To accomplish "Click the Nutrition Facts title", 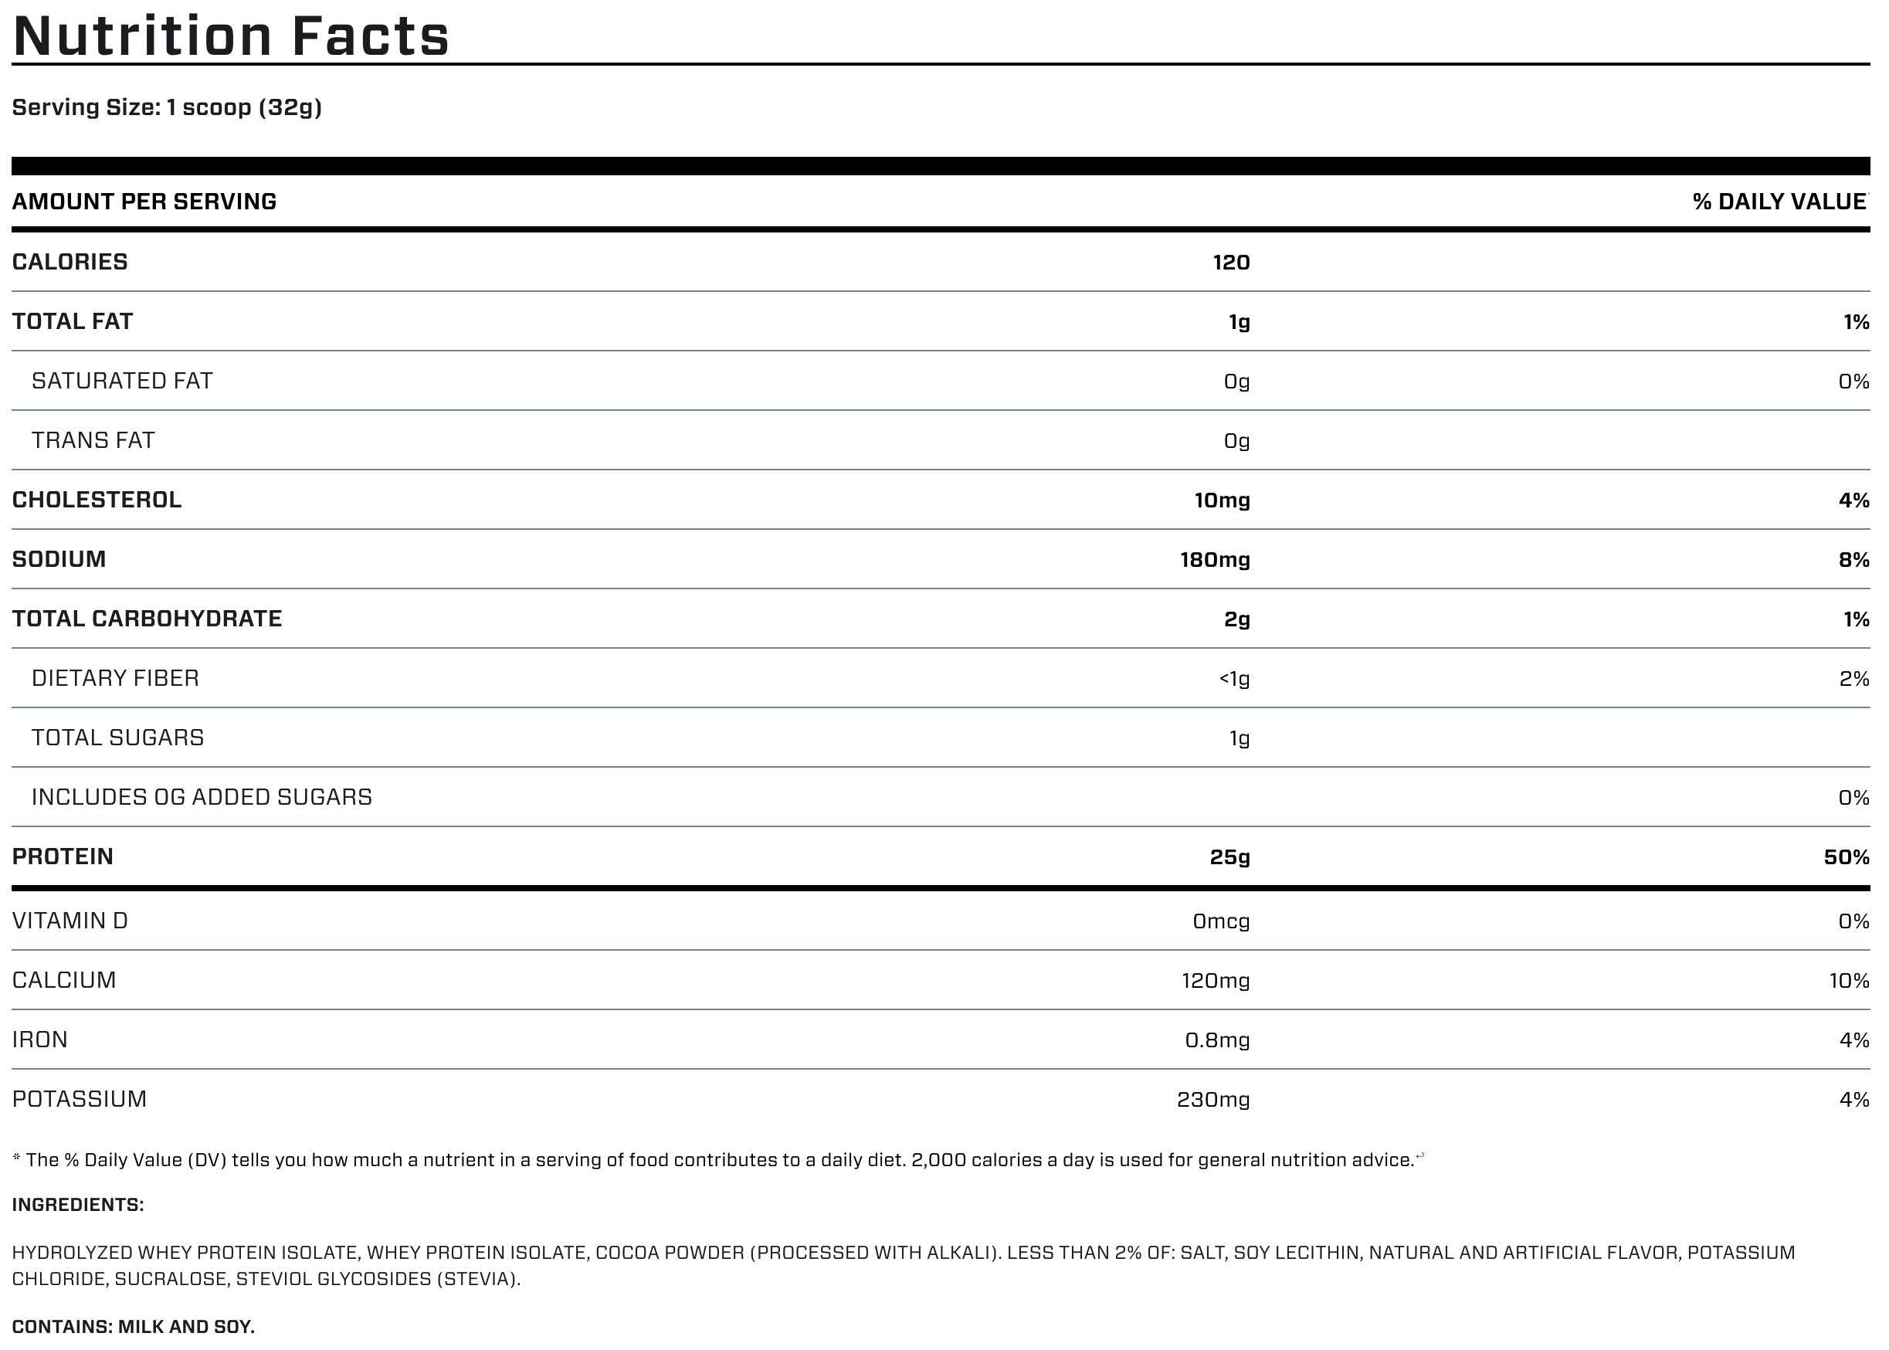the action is (x=231, y=36).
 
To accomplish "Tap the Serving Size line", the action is (x=166, y=107).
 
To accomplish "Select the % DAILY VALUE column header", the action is (x=1779, y=202).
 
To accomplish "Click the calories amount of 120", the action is (x=1231, y=263).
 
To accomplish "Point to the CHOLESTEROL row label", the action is (x=97, y=500).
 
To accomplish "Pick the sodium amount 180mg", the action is (x=1214, y=559).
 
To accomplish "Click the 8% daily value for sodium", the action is (x=1853, y=559).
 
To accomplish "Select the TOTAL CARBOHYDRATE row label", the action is (x=147, y=619).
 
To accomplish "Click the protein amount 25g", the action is (x=1229, y=857).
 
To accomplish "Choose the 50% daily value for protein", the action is (x=1846, y=857).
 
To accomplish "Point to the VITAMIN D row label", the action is (x=70, y=921).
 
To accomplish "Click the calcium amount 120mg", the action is (x=1215, y=981).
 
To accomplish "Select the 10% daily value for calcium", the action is (x=1848, y=981).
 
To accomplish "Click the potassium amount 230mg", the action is (x=1212, y=1100).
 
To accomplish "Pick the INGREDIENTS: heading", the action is (x=77, y=1205).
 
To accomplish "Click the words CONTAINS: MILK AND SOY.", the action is (x=133, y=1327).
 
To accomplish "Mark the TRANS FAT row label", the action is (x=93, y=440).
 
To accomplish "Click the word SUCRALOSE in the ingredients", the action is (x=171, y=1278).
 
